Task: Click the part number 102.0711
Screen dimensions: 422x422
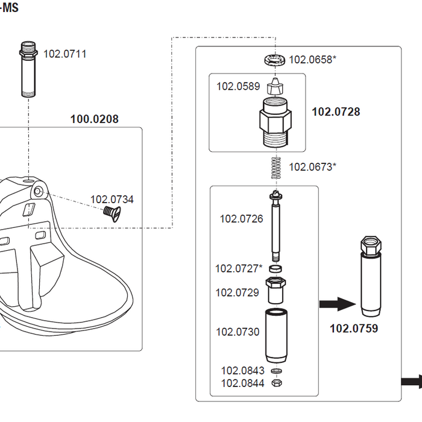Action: click(x=65, y=54)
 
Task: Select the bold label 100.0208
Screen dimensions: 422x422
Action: click(x=94, y=119)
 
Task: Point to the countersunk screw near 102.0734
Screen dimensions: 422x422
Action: click(x=109, y=212)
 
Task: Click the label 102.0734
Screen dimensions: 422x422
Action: click(x=112, y=200)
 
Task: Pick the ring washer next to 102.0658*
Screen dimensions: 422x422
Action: click(x=274, y=60)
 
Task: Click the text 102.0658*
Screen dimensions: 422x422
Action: click(x=313, y=59)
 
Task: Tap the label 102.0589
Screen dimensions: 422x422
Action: click(x=238, y=86)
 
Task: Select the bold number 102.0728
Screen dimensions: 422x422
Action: click(x=336, y=112)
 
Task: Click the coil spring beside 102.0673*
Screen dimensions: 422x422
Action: click(x=276, y=167)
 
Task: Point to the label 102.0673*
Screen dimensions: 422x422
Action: click(x=313, y=167)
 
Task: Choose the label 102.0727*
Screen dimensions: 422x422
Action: click(x=239, y=268)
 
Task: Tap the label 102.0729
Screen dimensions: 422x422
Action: click(x=238, y=292)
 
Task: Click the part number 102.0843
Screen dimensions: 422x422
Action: click(x=242, y=371)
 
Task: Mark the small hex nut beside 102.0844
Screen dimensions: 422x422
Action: click(x=276, y=383)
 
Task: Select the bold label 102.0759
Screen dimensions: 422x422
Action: click(x=354, y=329)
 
